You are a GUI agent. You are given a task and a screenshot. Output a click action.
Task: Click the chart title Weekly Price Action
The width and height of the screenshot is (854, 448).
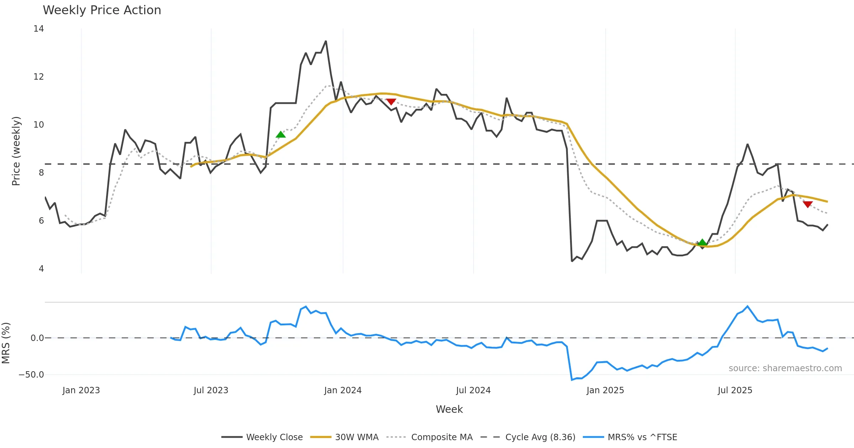point(102,10)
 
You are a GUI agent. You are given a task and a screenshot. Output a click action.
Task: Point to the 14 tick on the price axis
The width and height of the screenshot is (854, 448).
point(39,29)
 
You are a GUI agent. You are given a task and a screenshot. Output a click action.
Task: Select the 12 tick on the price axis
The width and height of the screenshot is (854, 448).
point(39,77)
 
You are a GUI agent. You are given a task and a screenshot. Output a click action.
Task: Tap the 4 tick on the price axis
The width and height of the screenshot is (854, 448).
point(41,269)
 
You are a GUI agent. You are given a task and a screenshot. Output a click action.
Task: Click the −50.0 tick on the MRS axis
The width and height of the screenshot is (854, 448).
point(31,375)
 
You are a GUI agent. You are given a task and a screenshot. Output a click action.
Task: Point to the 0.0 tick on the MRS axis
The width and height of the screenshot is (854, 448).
point(37,338)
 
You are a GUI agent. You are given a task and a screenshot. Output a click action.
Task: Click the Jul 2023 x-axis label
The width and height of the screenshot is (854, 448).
point(211,390)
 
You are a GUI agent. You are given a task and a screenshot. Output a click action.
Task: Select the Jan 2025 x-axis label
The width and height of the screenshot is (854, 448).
point(605,390)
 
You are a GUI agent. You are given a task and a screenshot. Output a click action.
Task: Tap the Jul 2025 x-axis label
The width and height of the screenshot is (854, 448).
point(735,390)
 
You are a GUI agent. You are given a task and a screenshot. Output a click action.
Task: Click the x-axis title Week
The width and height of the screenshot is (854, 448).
point(449,410)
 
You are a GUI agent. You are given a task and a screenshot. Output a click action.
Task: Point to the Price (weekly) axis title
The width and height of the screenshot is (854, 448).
point(16,151)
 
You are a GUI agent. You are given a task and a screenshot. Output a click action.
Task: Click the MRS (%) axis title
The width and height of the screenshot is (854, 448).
point(6,343)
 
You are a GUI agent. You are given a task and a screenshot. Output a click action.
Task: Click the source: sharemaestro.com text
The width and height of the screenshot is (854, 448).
point(785,368)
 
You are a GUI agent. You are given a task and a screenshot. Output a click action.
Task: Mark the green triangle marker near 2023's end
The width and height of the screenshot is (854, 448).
point(280,134)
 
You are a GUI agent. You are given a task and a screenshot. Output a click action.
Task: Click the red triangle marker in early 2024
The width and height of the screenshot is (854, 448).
point(391,102)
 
